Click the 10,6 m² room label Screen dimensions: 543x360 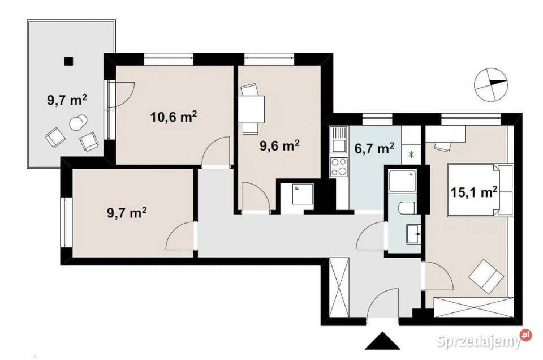(x=174, y=117)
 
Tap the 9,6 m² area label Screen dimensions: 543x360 (x=279, y=145)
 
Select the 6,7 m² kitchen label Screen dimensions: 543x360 (x=374, y=148)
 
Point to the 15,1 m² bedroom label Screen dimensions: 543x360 (x=474, y=192)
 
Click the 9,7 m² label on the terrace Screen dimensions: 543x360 (x=67, y=100)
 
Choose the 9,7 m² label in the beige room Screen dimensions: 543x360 (x=127, y=212)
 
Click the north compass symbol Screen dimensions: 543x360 (x=490, y=84)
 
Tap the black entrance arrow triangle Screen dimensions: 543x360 (x=382, y=341)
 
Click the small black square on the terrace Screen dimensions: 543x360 (x=69, y=61)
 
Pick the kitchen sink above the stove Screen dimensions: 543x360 (x=339, y=139)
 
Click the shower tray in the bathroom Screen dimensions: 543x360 (x=403, y=181)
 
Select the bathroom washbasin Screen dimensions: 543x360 (x=413, y=234)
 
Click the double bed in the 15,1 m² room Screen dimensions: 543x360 (x=480, y=190)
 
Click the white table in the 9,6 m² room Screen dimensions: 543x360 (x=251, y=109)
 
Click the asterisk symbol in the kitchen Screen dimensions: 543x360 (x=411, y=155)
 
